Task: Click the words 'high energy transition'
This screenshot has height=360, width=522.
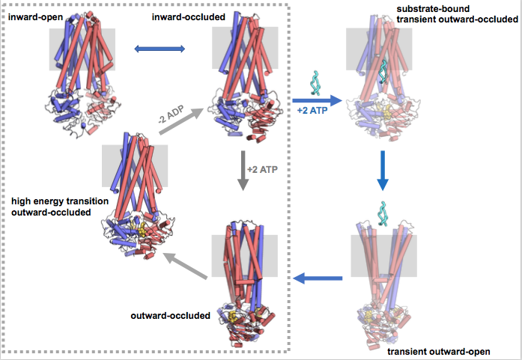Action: [59, 202]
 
